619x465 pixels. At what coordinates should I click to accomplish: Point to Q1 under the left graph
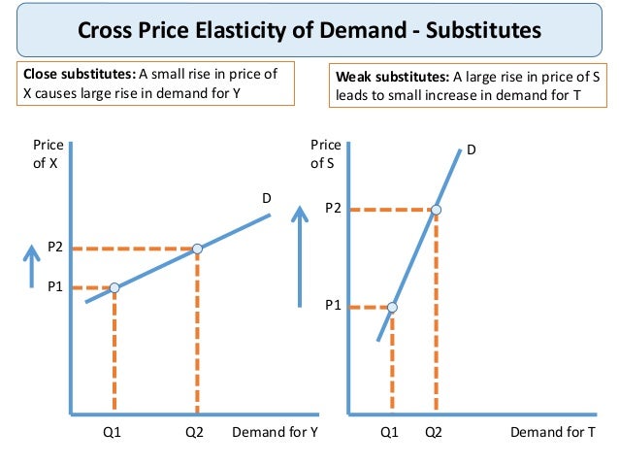(114, 434)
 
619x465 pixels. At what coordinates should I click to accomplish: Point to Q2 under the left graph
(197, 434)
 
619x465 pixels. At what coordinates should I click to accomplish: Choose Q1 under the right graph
(390, 434)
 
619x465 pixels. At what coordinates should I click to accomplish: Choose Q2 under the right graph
(434, 434)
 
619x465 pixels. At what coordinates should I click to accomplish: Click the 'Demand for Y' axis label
(275, 434)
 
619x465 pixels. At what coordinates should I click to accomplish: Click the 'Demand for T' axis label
(553, 434)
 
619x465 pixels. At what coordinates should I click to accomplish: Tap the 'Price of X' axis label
(48, 153)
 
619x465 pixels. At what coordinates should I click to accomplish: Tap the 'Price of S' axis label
(325, 153)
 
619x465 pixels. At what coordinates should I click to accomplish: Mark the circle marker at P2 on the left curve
(197, 249)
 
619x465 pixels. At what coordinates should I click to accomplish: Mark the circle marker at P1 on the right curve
(392, 307)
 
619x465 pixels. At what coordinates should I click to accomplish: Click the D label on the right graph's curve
(472, 150)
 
